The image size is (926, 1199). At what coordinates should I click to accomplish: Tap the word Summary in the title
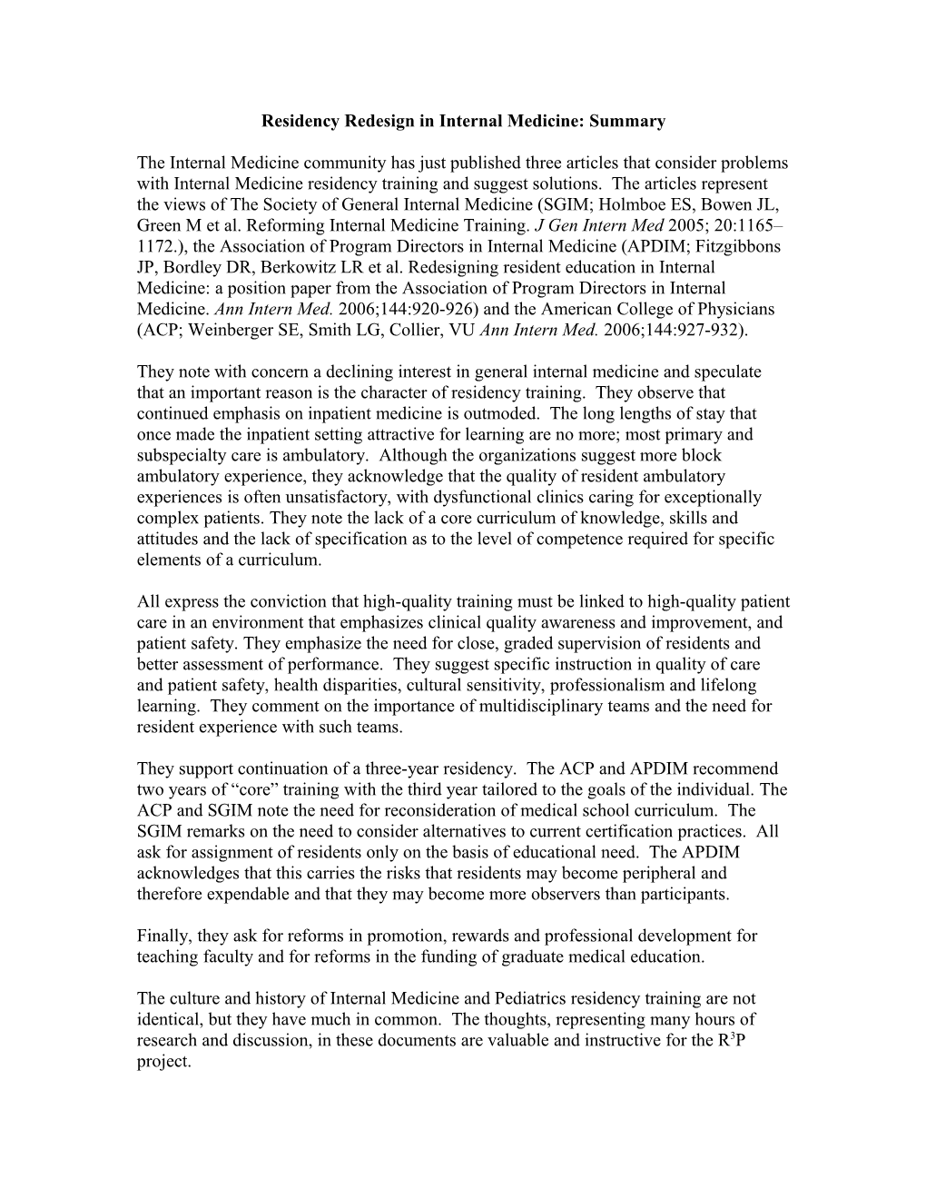click(x=633, y=121)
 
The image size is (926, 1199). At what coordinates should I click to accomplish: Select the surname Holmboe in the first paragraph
click(x=635, y=204)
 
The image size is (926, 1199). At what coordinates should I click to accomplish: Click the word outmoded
click(x=510, y=413)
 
